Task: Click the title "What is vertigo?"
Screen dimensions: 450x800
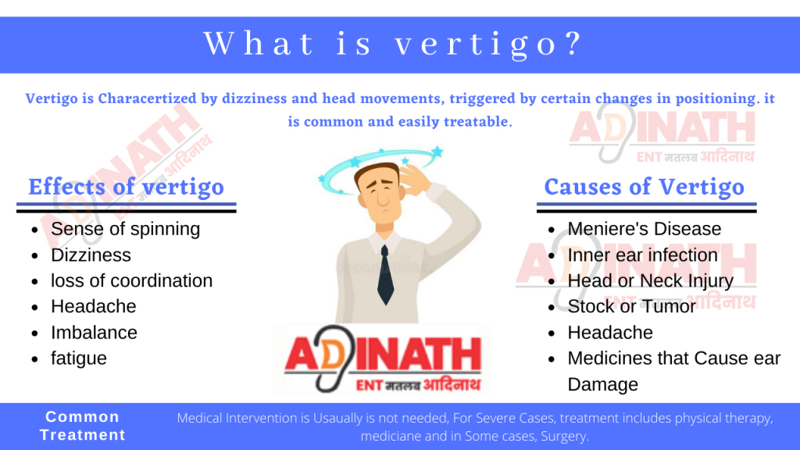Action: tap(393, 44)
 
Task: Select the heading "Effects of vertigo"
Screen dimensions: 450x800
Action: tap(126, 187)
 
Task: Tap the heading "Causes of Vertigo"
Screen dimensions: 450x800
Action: tap(644, 187)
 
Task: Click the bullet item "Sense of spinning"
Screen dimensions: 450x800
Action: tap(125, 229)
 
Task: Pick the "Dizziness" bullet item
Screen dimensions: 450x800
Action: tap(91, 255)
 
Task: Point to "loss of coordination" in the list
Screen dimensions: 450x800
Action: tap(131, 280)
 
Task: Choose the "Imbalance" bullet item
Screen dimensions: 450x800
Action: tap(94, 332)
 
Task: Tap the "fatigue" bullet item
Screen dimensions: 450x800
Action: tap(79, 358)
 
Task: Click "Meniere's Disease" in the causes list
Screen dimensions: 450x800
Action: tap(644, 229)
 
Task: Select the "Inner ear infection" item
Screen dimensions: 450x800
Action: tap(642, 255)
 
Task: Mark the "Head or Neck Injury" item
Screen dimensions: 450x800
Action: tap(650, 280)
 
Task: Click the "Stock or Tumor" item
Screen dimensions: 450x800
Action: tap(631, 306)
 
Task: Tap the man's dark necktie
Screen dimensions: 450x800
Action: tap(385, 273)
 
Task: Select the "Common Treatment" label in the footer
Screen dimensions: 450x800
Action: tap(82, 426)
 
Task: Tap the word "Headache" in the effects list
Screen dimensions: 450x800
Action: tap(93, 306)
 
